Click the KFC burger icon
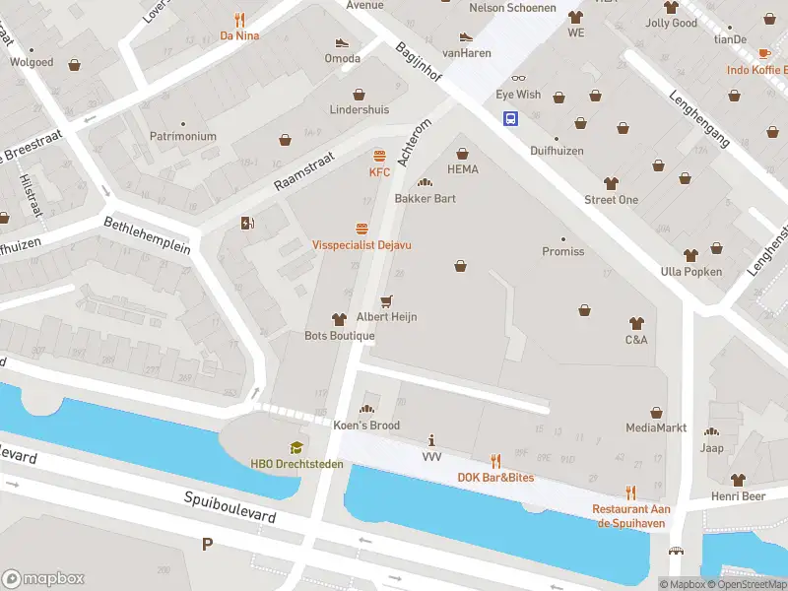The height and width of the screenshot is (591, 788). [379, 156]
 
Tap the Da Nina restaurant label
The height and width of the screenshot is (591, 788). [239, 36]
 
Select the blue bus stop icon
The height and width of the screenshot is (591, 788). [511, 119]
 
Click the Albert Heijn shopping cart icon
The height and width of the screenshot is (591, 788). [386, 300]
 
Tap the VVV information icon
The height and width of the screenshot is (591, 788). [431, 440]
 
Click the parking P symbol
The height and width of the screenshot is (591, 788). [207, 544]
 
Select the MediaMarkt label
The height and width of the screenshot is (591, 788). [656, 428]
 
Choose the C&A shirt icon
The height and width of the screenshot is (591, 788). [635, 323]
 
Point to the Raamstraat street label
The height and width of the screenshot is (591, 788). [304, 169]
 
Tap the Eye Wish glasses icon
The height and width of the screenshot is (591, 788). [518, 79]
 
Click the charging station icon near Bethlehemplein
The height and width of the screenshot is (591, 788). [246, 224]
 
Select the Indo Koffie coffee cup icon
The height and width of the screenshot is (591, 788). [764, 53]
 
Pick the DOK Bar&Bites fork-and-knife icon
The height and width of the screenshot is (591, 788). [495, 460]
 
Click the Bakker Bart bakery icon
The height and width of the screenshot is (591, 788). [425, 181]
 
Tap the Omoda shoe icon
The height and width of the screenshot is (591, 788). [342, 42]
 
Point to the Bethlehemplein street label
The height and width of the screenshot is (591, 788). [147, 235]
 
